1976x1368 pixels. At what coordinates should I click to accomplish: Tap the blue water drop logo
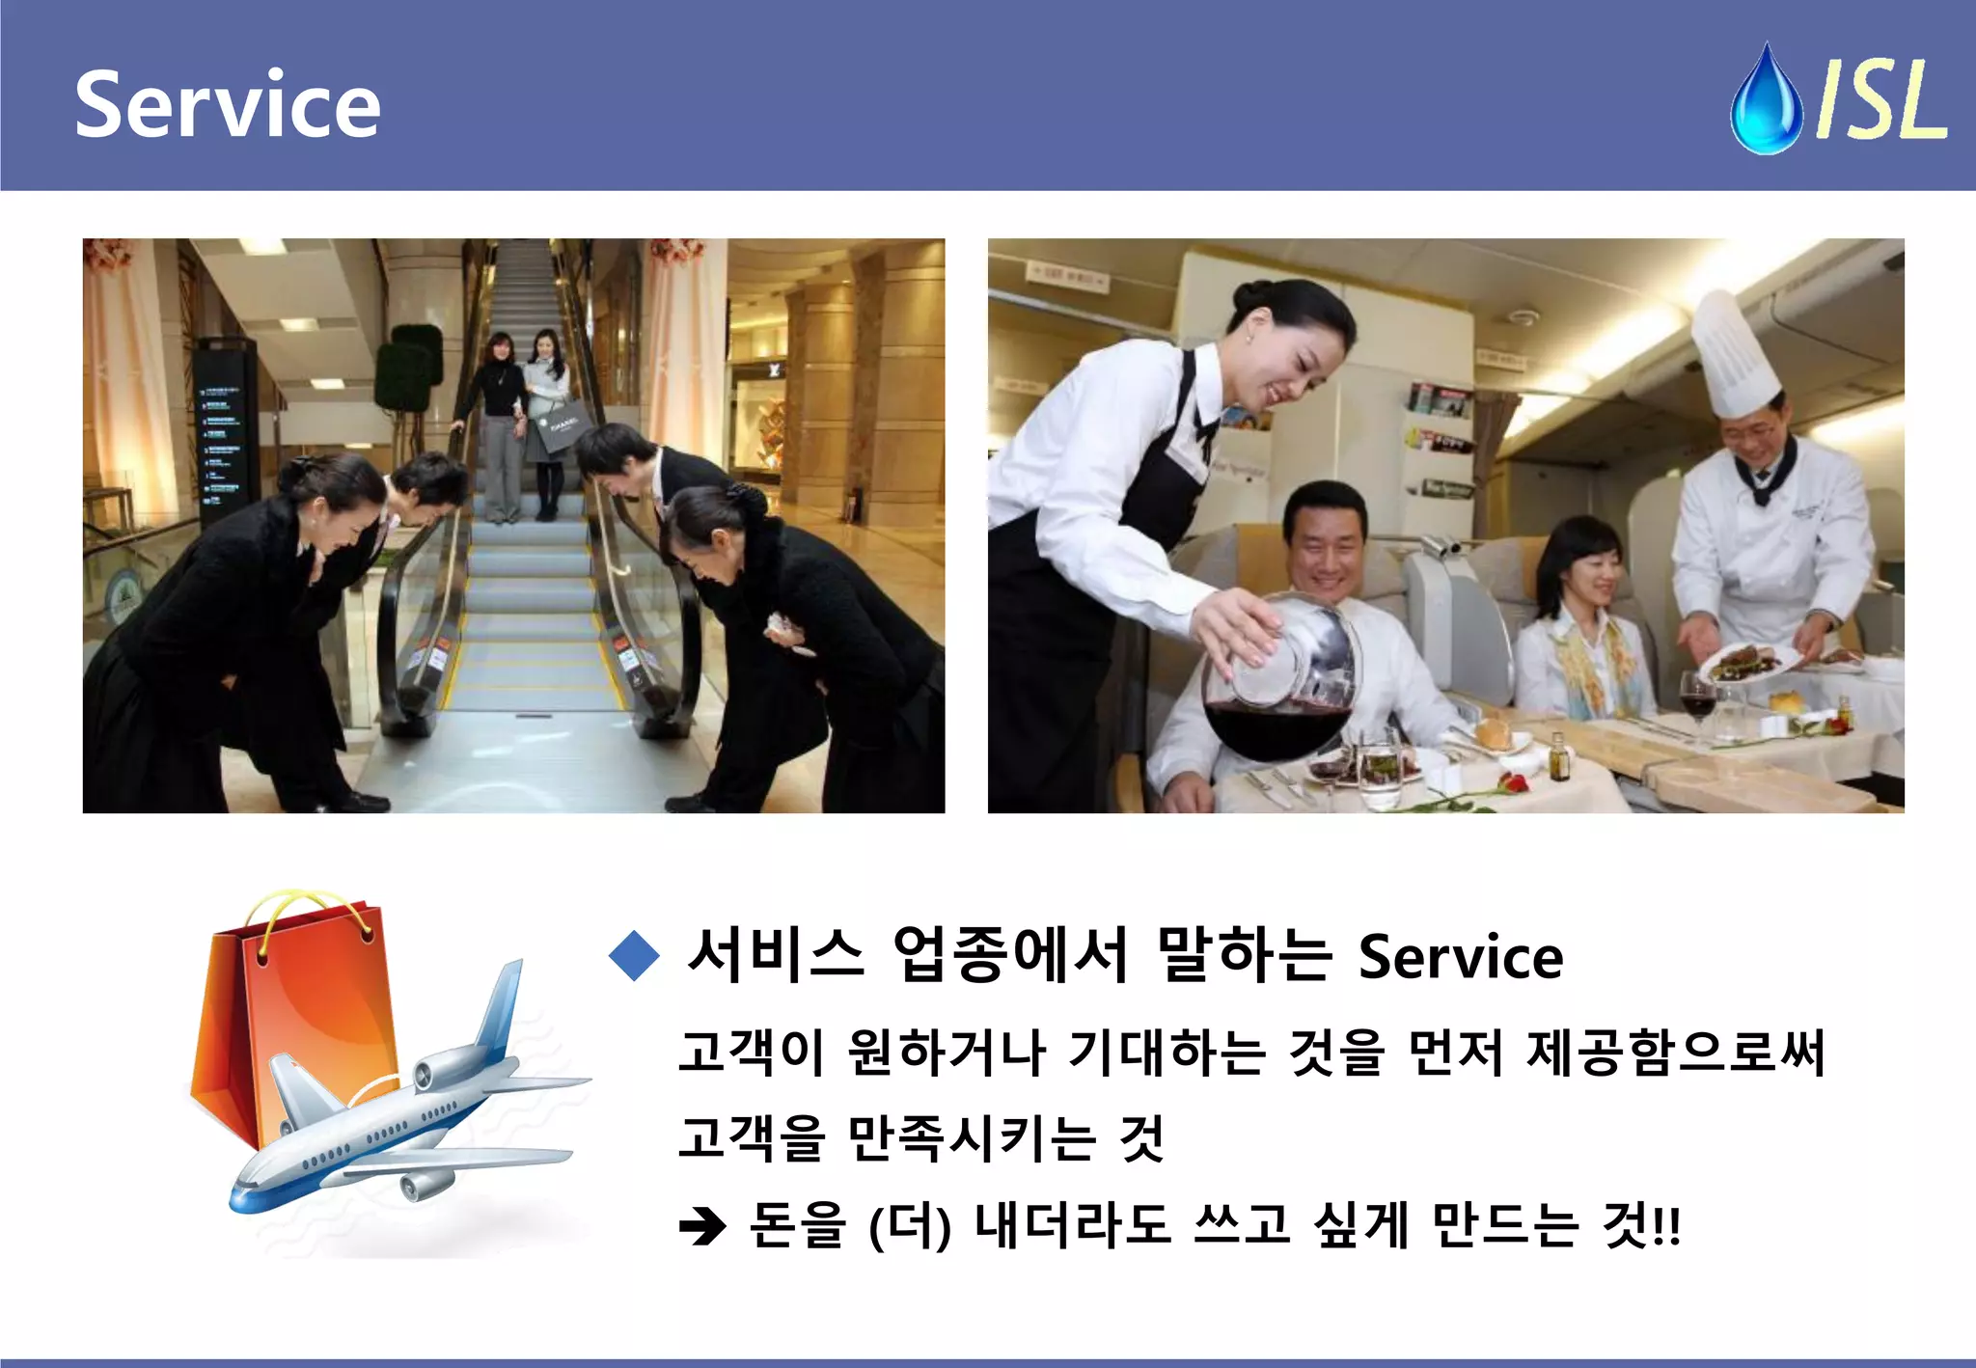1766,101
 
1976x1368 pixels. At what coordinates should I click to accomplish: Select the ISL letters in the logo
1880,99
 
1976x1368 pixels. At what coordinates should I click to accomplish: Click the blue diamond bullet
634,956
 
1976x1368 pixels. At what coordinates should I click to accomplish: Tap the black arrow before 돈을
702,1227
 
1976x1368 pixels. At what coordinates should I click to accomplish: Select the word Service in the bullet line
1461,957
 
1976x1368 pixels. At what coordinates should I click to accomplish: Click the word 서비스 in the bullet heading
775,955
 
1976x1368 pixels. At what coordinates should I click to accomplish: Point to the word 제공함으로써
1676,1052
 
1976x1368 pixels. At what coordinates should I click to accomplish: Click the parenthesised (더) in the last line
910,1227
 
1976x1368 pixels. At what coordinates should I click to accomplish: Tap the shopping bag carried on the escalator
561,425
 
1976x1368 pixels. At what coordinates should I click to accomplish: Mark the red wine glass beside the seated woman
1697,699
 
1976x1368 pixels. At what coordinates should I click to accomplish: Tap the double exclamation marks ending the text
1667,1227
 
